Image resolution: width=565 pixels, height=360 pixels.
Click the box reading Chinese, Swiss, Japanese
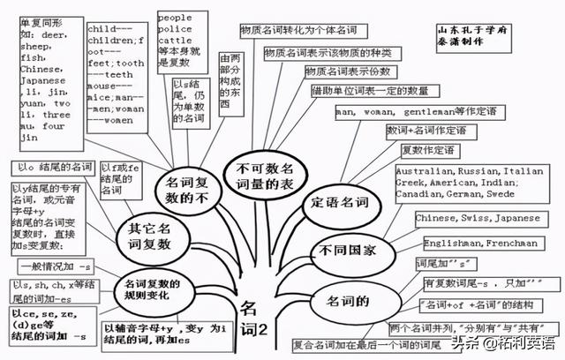(465, 218)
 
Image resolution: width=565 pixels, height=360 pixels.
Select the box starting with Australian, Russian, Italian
(469, 182)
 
